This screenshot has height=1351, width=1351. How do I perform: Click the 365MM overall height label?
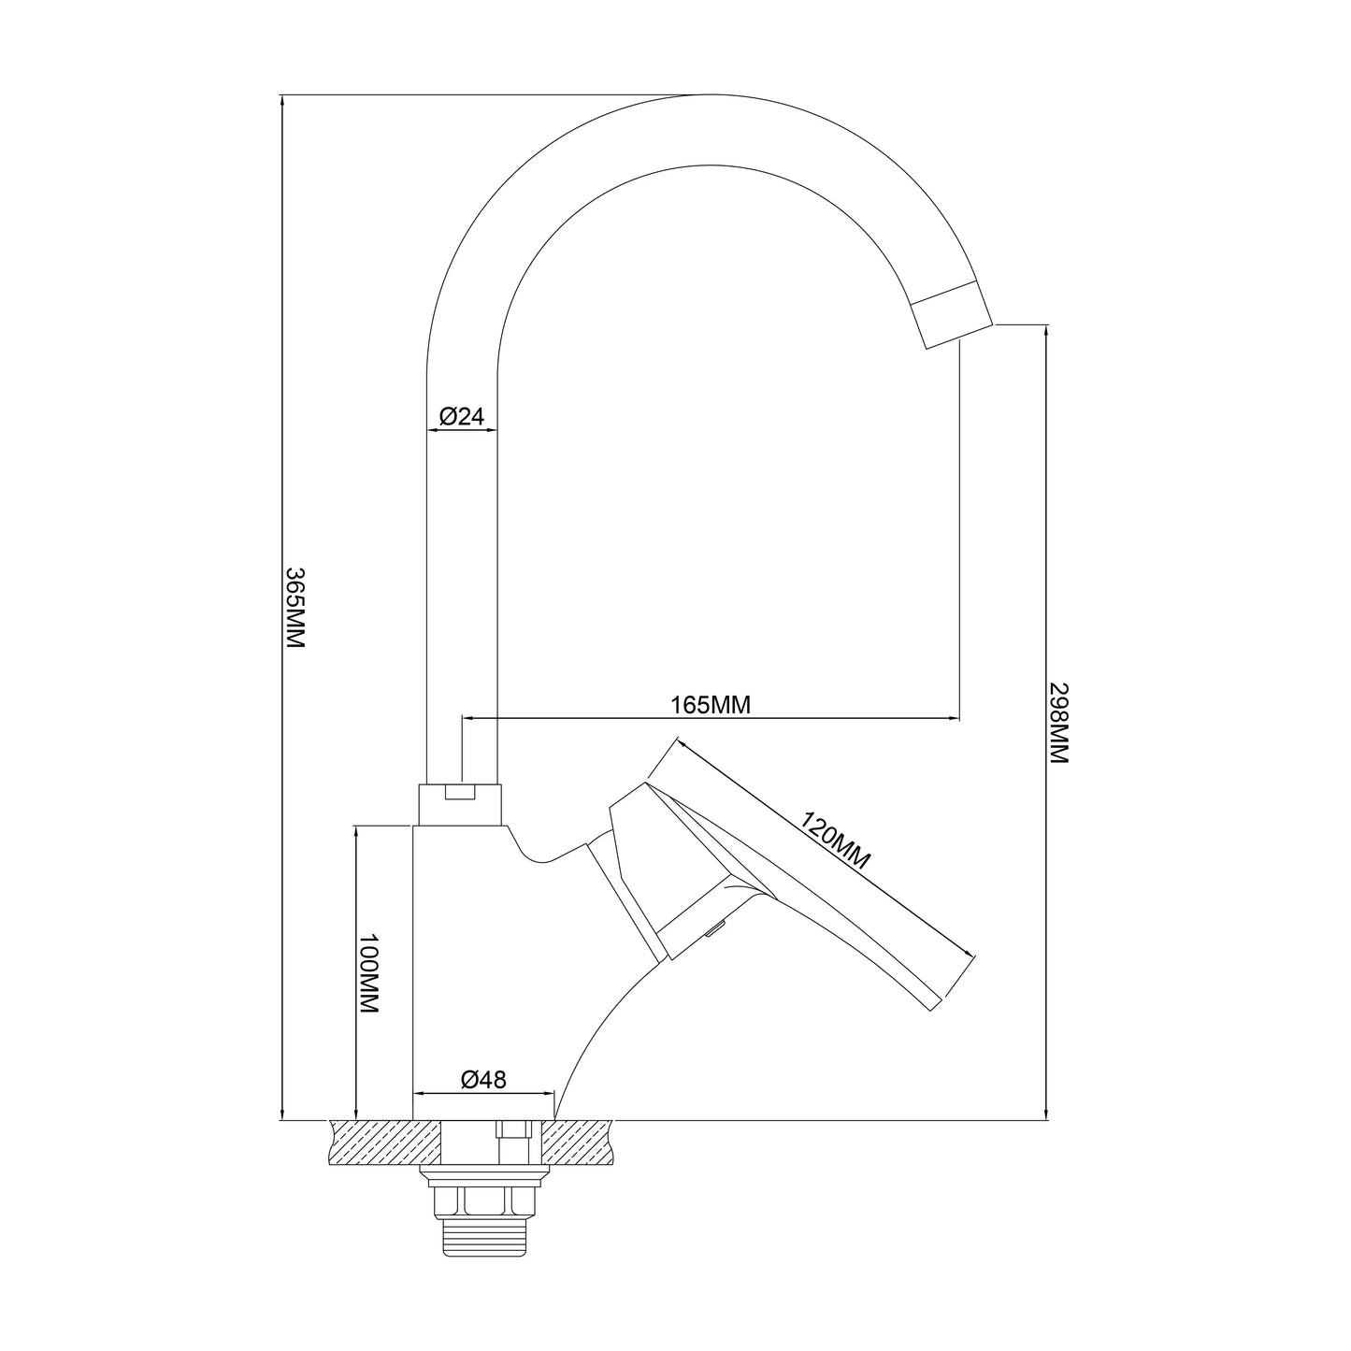[x=295, y=607]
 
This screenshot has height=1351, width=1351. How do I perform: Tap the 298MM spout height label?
[x=1058, y=723]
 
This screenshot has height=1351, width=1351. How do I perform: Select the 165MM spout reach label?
[x=711, y=705]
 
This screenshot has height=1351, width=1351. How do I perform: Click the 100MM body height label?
[x=368, y=972]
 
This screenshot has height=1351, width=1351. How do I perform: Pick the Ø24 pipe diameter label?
[x=461, y=416]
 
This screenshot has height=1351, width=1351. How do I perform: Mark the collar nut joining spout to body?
[x=460, y=805]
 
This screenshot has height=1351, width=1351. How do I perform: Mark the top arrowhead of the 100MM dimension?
[x=356, y=835]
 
